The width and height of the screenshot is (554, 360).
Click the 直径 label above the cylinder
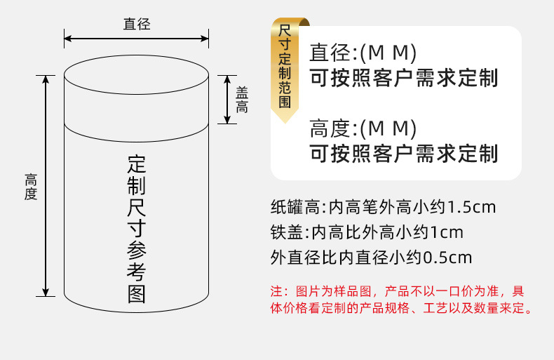(x=137, y=25)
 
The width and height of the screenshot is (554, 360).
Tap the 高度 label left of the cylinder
(x=30, y=187)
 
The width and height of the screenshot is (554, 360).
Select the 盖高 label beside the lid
(x=242, y=100)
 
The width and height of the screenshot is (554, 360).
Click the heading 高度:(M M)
(x=363, y=129)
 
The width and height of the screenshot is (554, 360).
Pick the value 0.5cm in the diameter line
(x=447, y=257)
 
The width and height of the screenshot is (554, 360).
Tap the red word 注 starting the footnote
(x=276, y=291)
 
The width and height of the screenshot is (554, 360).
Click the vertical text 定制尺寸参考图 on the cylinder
(x=137, y=229)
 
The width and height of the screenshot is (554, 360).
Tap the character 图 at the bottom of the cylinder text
(x=137, y=294)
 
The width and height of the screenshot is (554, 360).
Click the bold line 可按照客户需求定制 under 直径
(x=403, y=78)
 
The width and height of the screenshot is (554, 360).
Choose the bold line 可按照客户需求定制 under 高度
(x=403, y=153)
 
